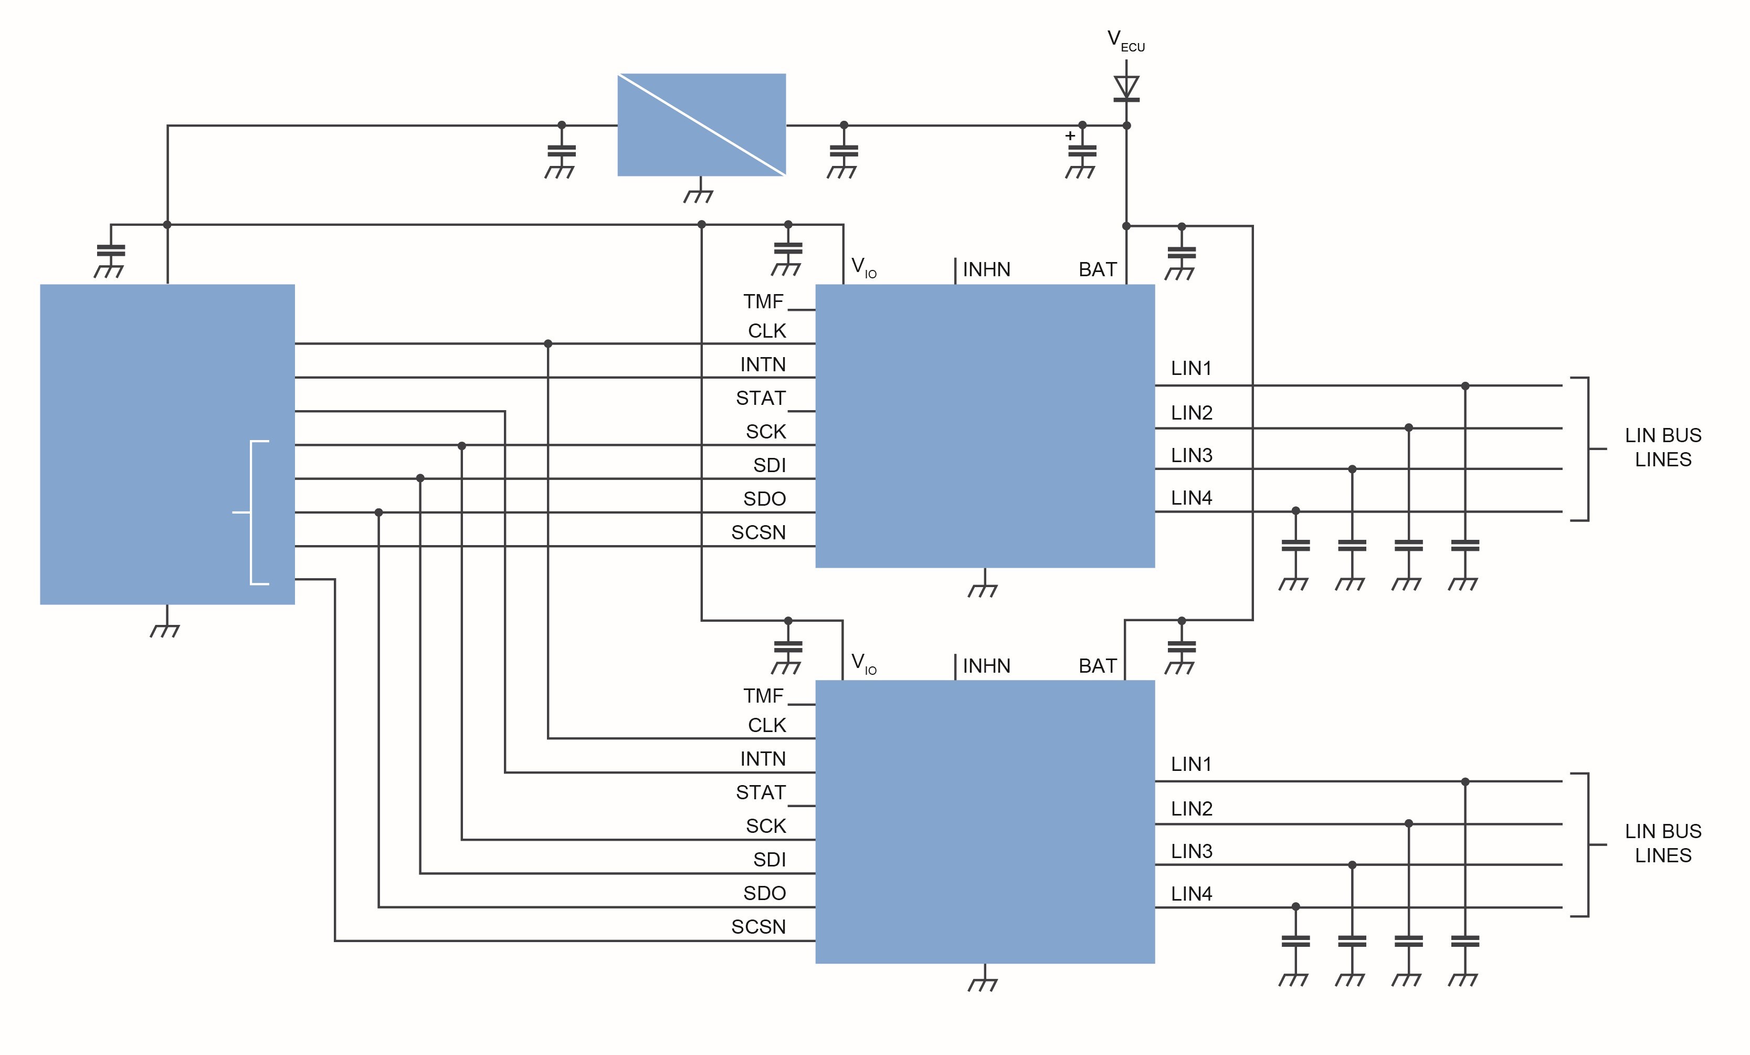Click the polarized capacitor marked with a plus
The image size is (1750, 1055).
coord(1082,151)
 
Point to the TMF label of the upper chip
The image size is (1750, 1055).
coord(764,302)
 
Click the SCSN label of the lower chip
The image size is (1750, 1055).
coord(758,927)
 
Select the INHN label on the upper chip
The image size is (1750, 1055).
coord(986,270)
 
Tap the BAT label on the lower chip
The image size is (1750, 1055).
coord(1098,666)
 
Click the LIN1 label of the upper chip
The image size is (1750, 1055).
coord(1191,369)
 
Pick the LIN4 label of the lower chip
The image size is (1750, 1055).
coord(1191,894)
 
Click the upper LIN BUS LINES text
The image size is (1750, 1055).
coord(1663,447)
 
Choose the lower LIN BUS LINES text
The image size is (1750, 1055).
coord(1663,843)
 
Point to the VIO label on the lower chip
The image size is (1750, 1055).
coord(863,664)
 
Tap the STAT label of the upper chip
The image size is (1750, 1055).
coord(761,399)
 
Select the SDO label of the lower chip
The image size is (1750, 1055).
coord(764,894)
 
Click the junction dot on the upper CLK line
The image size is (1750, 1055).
coord(547,344)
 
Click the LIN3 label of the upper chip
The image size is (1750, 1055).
coord(1191,455)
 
